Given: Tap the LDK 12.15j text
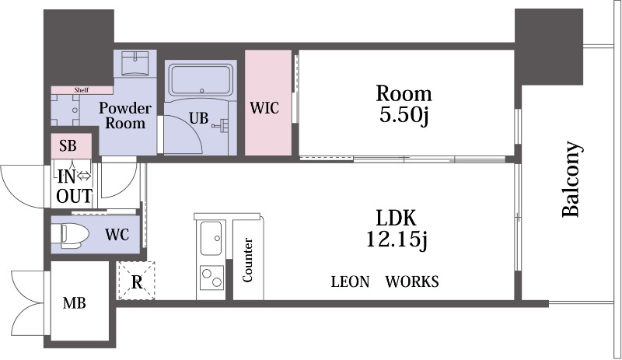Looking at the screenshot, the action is click(396, 229).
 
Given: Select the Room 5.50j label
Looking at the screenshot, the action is click(404, 104).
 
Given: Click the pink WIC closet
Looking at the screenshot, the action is click(268, 103).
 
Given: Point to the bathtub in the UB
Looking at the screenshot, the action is click(201, 79).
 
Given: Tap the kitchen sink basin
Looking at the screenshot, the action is click(211, 238).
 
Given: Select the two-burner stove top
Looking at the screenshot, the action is click(211, 278).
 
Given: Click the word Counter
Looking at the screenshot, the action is click(247, 260).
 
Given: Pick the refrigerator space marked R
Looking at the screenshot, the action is click(137, 281).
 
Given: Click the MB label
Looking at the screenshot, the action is click(74, 303).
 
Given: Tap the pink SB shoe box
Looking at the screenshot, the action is click(72, 146).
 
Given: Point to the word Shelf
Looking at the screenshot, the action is click(82, 90).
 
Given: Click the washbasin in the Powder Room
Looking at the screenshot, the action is click(135, 63).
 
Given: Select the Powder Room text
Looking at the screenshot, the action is click(125, 116).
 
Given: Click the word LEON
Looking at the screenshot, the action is click(350, 281).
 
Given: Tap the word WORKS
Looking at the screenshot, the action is click(412, 281).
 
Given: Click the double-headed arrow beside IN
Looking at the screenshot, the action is click(84, 176).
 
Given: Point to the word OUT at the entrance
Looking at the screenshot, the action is click(74, 196).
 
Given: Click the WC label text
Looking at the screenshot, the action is click(117, 235).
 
